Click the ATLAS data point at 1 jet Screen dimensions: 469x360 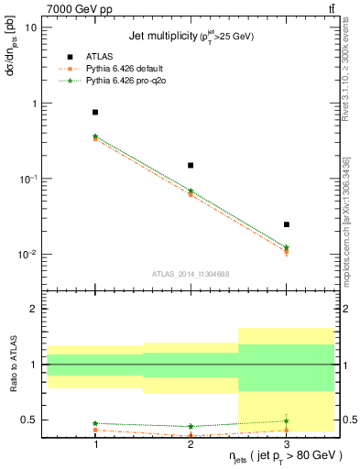click(x=95, y=112)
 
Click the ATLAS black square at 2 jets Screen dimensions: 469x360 click(x=191, y=165)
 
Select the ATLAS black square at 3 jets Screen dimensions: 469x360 click(x=286, y=224)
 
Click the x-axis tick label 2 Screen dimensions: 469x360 click(x=191, y=443)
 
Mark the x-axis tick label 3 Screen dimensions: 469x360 click(x=286, y=443)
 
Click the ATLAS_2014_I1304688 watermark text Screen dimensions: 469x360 click(x=191, y=274)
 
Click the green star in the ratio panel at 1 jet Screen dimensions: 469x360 click(x=95, y=423)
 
